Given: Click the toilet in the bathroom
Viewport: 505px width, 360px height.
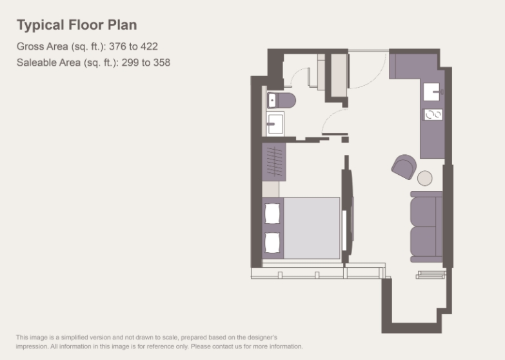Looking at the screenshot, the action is (281, 100).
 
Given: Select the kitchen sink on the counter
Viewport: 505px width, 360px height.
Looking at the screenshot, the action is (432, 92).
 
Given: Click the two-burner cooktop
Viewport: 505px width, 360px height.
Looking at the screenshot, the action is (433, 114).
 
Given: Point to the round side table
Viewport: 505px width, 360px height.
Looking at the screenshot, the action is (425, 178).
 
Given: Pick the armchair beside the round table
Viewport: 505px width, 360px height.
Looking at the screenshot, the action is (404, 166).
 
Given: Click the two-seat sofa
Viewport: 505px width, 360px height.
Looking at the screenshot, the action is (426, 226).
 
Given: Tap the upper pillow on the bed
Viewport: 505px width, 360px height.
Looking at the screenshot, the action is (272, 214).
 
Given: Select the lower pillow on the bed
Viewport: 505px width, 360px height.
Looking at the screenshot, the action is (272, 243).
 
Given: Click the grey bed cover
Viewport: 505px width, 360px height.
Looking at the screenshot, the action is (312, 228).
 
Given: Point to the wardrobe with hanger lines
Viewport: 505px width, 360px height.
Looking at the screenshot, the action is (273, 162).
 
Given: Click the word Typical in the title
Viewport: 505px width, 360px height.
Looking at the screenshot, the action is (40, 25).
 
